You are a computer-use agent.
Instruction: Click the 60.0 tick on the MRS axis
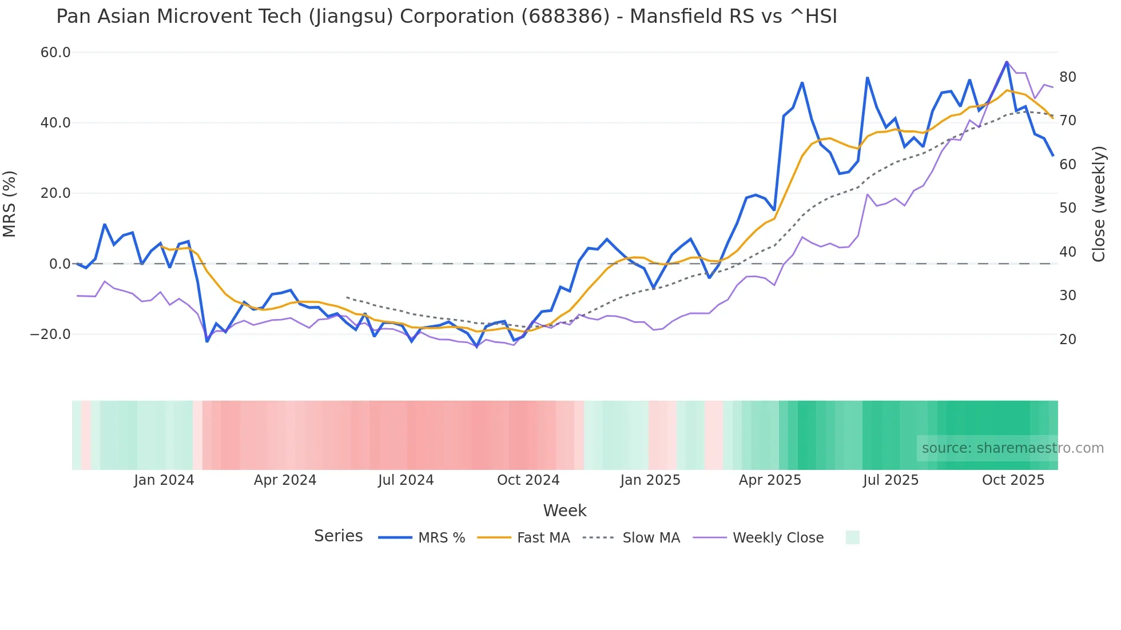pyautogui.click(x=55, y=53)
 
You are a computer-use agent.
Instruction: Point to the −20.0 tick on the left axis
pyautogui.click(x=50, y=334)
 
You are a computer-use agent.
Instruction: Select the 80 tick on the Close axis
pyautogui.click(x=1068, y=77)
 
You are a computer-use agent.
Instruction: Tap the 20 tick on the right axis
pyautogui.click(x=1068, y=340)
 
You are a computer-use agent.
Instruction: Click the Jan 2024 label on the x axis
pyautogui.click(x=164, y=480)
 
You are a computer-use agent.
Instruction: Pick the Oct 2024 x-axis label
pyautogui.click(x=528, y=480)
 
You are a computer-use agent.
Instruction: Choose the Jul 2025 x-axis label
pyautogui.click(x=891, y=480)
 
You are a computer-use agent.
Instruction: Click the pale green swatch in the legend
pyautogui.click(x=852, y=537)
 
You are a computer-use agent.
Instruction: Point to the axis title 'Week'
pyautogui.click(x=565, y=511)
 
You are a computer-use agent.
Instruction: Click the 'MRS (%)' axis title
pyautogui.click(x=10, y=204)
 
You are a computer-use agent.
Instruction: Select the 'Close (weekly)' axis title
pyautogui.click(x=1099, y=204)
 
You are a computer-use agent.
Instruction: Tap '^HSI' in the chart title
pyautogui.click(x=813, y=17)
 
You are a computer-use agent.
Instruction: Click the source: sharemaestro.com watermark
pyautogui.click(x=1012, y=448)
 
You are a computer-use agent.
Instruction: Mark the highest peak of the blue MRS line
pyautogui.click(x=1007, y=62)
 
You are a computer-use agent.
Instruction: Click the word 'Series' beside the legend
pyautogui.click(x=338, y=536)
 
